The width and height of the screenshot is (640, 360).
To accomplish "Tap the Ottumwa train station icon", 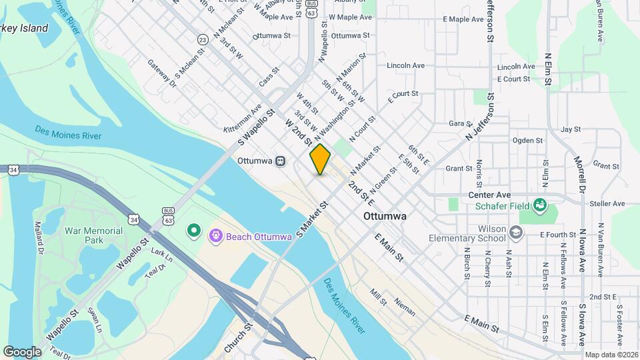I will pyautogui.click(x=281, y=161).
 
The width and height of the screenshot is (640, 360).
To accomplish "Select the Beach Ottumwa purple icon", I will pyautogui.click(x=215, y=236).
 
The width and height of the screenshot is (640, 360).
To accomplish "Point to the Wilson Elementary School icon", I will pyautogui.click(x=515, y=232).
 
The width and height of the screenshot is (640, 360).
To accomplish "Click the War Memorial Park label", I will pyautogui.click(x=93, y=235).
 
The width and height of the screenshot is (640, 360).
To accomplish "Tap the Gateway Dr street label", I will pyautogui.click(x=161, y=73).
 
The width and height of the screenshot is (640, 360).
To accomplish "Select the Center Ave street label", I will pyautogui.click(x=489, y=195).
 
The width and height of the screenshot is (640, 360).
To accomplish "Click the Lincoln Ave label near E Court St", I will pyautogui.click(x=517, y=67).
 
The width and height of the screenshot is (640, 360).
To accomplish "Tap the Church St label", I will pyautogui.click(x=238, y=339).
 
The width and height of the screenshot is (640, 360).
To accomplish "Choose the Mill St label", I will pyautogui.click(x=379, y=297).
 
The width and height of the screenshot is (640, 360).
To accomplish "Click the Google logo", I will pyautogui.click(x=22, y=351).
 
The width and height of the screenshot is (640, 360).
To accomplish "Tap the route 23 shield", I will pyautogui.click(x=203, y=40).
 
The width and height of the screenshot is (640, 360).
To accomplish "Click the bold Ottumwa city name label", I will pyautogui.click(x=386, y=217).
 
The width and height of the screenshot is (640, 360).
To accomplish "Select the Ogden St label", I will pyautogui.click(x=527, y=141).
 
